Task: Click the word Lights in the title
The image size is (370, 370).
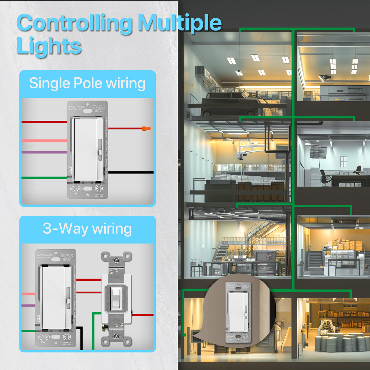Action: click(x=49, y=46)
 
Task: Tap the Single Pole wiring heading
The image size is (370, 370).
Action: click(x=87, y=83)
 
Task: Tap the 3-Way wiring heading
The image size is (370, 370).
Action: click(x=87, y=229)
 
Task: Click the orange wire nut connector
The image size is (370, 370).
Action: click(x=146, y=129)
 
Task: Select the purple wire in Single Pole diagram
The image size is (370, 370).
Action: click(x=44, y=152)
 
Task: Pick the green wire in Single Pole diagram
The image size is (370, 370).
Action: click(x=44, y=178)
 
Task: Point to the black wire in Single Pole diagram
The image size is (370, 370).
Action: click(x=131, y=173)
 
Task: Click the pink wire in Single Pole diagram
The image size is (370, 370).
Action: click(x=44, y=141)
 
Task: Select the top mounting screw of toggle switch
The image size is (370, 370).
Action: click(x=116, y=261)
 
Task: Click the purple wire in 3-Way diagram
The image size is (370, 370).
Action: click(x=28, y=305)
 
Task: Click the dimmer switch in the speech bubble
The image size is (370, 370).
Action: click(x=238, y=312)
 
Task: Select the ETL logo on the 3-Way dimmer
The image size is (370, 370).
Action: click(x=67, y=336)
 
